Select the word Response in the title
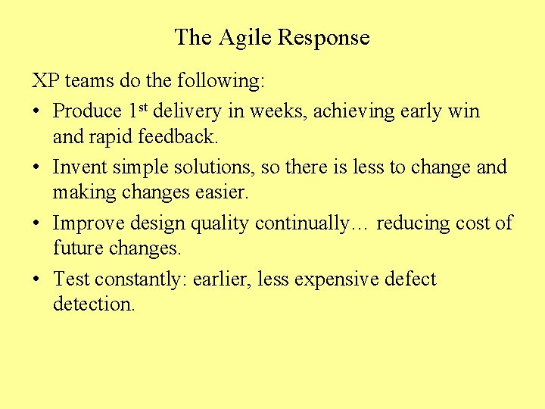(x=324, y=38)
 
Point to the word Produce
(x=87, y=111)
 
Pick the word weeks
(x=277, y=111)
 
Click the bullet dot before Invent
(x=36, y=167)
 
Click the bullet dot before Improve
(x=36, y=223)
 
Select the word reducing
(x=413, y=223)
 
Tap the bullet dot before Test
(x=36, y=279)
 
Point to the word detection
(x=94, y=305)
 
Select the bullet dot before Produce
(x=36, y=111)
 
